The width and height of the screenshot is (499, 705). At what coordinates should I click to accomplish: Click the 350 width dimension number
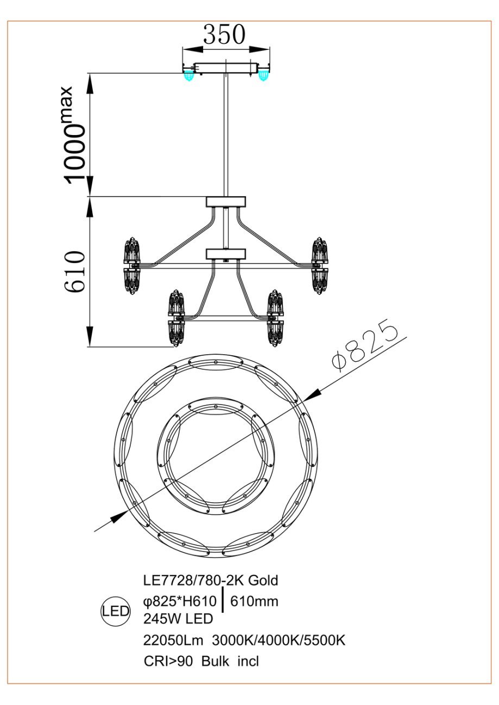click(x=224, y=34)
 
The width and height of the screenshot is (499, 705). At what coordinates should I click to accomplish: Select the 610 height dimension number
click(x=75, y=271)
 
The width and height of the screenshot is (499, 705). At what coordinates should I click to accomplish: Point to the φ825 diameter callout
click(x=365, y=345)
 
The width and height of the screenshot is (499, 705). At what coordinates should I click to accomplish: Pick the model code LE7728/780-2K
click(x=193, y=580)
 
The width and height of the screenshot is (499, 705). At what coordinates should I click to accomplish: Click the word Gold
click(x=263, y=580)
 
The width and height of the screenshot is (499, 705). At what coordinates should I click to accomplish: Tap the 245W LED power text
click(x=178, y=619)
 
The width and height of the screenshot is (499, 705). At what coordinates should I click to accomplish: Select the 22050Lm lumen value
click(x=173, y=640)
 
